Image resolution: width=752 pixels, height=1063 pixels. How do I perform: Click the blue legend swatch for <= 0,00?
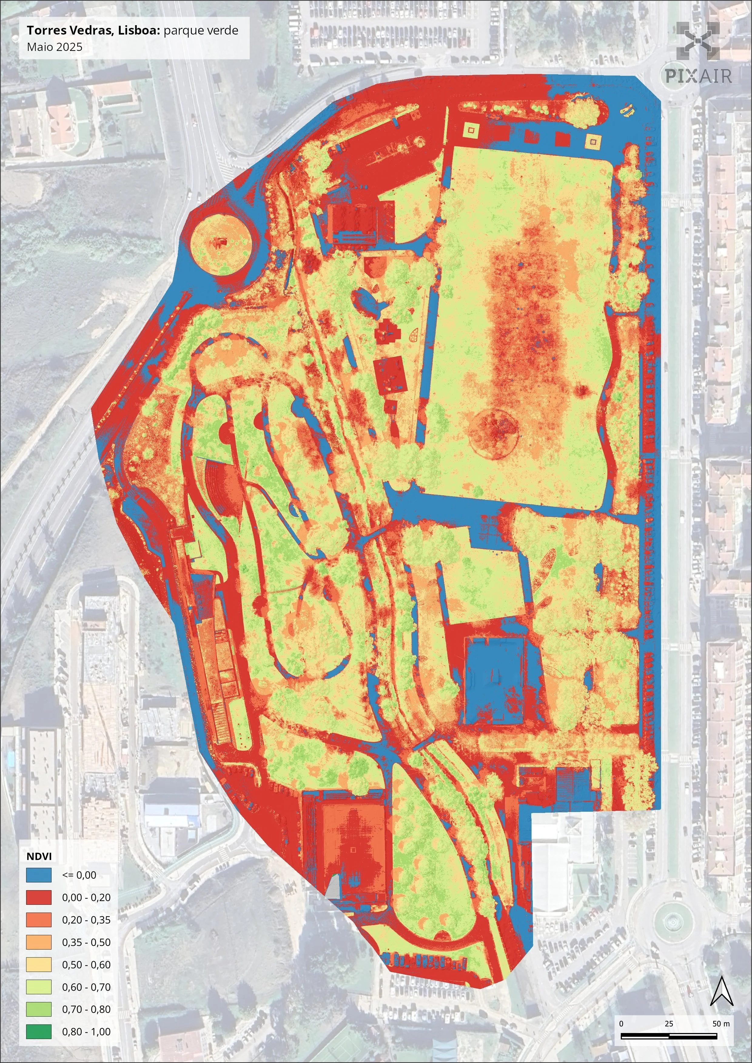pyautogui.click(x=39, y=874)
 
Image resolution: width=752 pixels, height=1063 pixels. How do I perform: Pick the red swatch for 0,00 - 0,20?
pyautogui.click(x=39, y=897)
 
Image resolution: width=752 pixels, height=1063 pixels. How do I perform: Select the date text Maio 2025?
pyautogui.click(x=54, y=47)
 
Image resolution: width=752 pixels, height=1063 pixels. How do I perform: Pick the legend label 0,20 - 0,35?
pyautogui.click(x=86, y=919)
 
